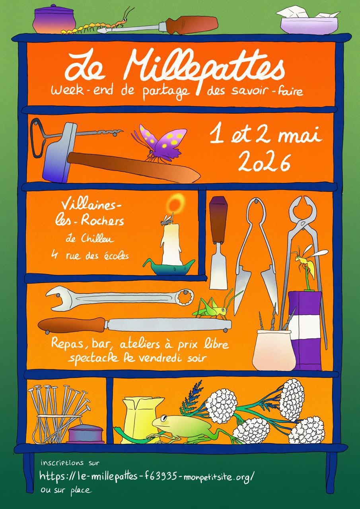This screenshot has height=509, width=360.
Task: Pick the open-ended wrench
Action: click(119, 299)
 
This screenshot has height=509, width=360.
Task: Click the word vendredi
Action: click(163, 357)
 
